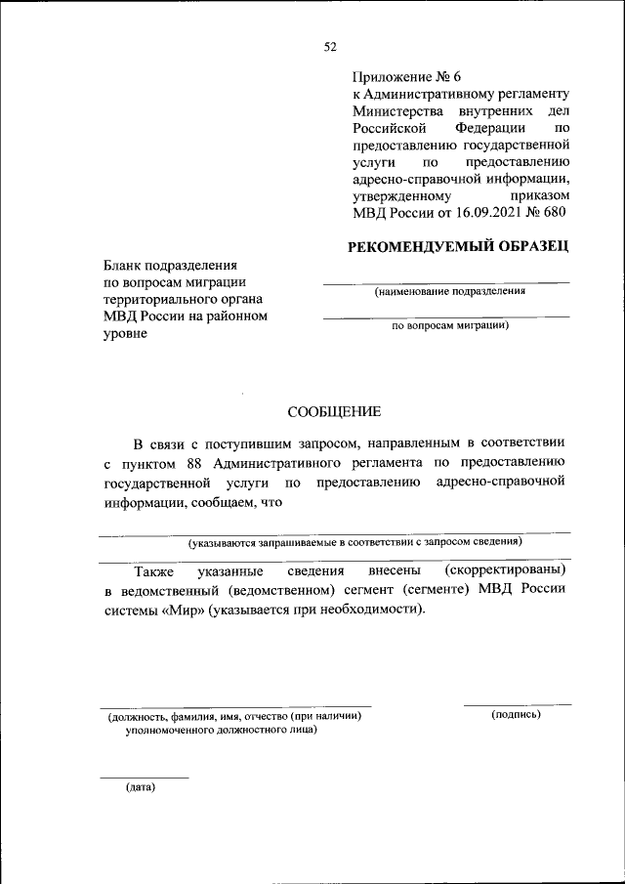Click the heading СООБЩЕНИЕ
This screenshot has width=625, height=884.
click(334, 412)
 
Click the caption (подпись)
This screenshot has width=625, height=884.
click(517, 715)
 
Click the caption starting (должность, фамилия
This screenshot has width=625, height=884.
click(234, 716)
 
